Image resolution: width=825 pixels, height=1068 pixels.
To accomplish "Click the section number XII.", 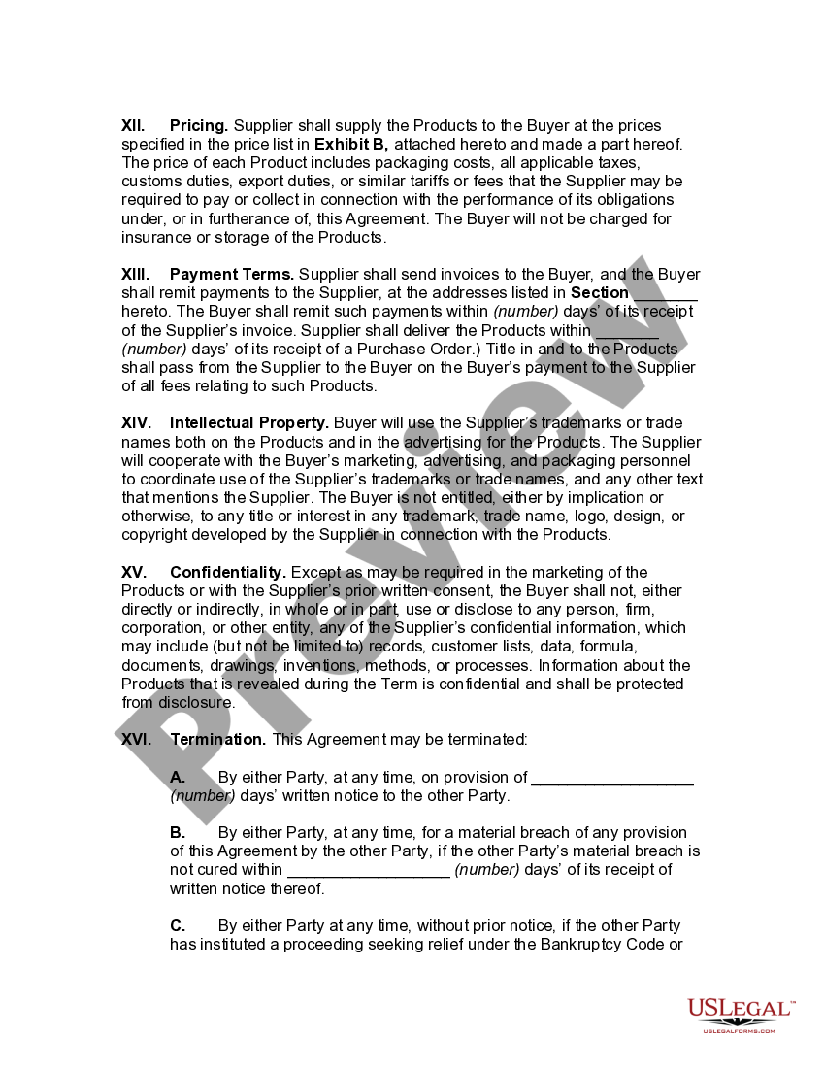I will pos(133,125).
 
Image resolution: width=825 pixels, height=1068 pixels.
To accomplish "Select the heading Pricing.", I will pos(199,125).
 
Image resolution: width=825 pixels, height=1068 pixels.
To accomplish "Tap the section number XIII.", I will pos(135,275).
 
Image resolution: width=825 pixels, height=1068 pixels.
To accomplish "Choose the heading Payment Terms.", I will pos(232,275).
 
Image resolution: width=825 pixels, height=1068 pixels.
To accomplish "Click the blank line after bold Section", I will pos(665,293).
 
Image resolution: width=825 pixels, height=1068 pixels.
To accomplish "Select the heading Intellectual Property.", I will pos(249,423).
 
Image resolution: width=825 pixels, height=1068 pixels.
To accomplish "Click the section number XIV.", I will pos(136,423).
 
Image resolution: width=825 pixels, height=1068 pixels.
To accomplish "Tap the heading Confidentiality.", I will pos(228,573).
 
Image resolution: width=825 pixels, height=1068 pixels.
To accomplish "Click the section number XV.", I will pos(134,573).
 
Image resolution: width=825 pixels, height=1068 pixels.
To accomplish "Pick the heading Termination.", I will pos(218,740).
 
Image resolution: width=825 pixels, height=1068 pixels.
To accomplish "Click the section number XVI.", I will pos(136,740).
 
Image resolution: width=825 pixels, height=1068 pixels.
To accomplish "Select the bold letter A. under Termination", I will pos(178,777).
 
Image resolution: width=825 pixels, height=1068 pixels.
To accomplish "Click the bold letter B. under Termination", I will pos(178,833).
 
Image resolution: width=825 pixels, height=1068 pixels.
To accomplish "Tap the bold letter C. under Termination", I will pos(178,926).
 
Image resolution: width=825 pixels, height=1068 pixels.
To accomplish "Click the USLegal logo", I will pos(741,1014).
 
